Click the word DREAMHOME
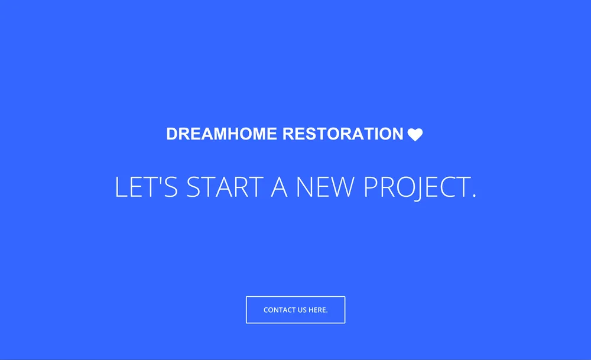(222, 134)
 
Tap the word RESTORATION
(343, 134)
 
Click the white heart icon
(415, 135)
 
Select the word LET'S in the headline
(145, 187)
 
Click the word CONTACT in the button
(280, 310)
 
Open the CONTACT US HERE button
(295, 310)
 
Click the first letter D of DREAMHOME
(172, 134)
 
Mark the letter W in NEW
(342, 187)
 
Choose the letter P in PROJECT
(370, 187)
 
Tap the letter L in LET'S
(121, 187)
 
